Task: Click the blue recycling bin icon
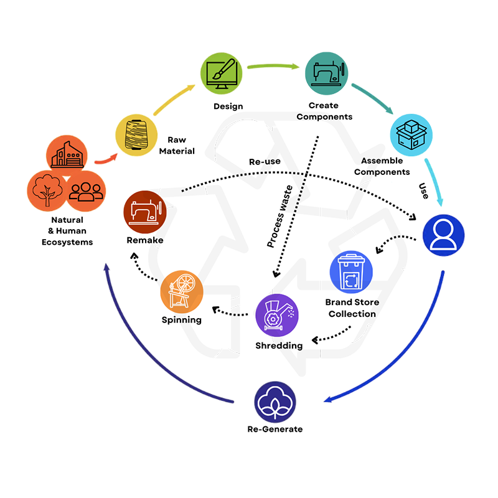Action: click(349, 273)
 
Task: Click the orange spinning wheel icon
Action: click(181, 291)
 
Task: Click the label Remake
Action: click(145, 239)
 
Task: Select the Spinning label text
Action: click(181, 320)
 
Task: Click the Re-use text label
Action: click(264, 162)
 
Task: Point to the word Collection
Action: click(352, 314)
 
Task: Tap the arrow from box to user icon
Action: click(434, 184)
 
